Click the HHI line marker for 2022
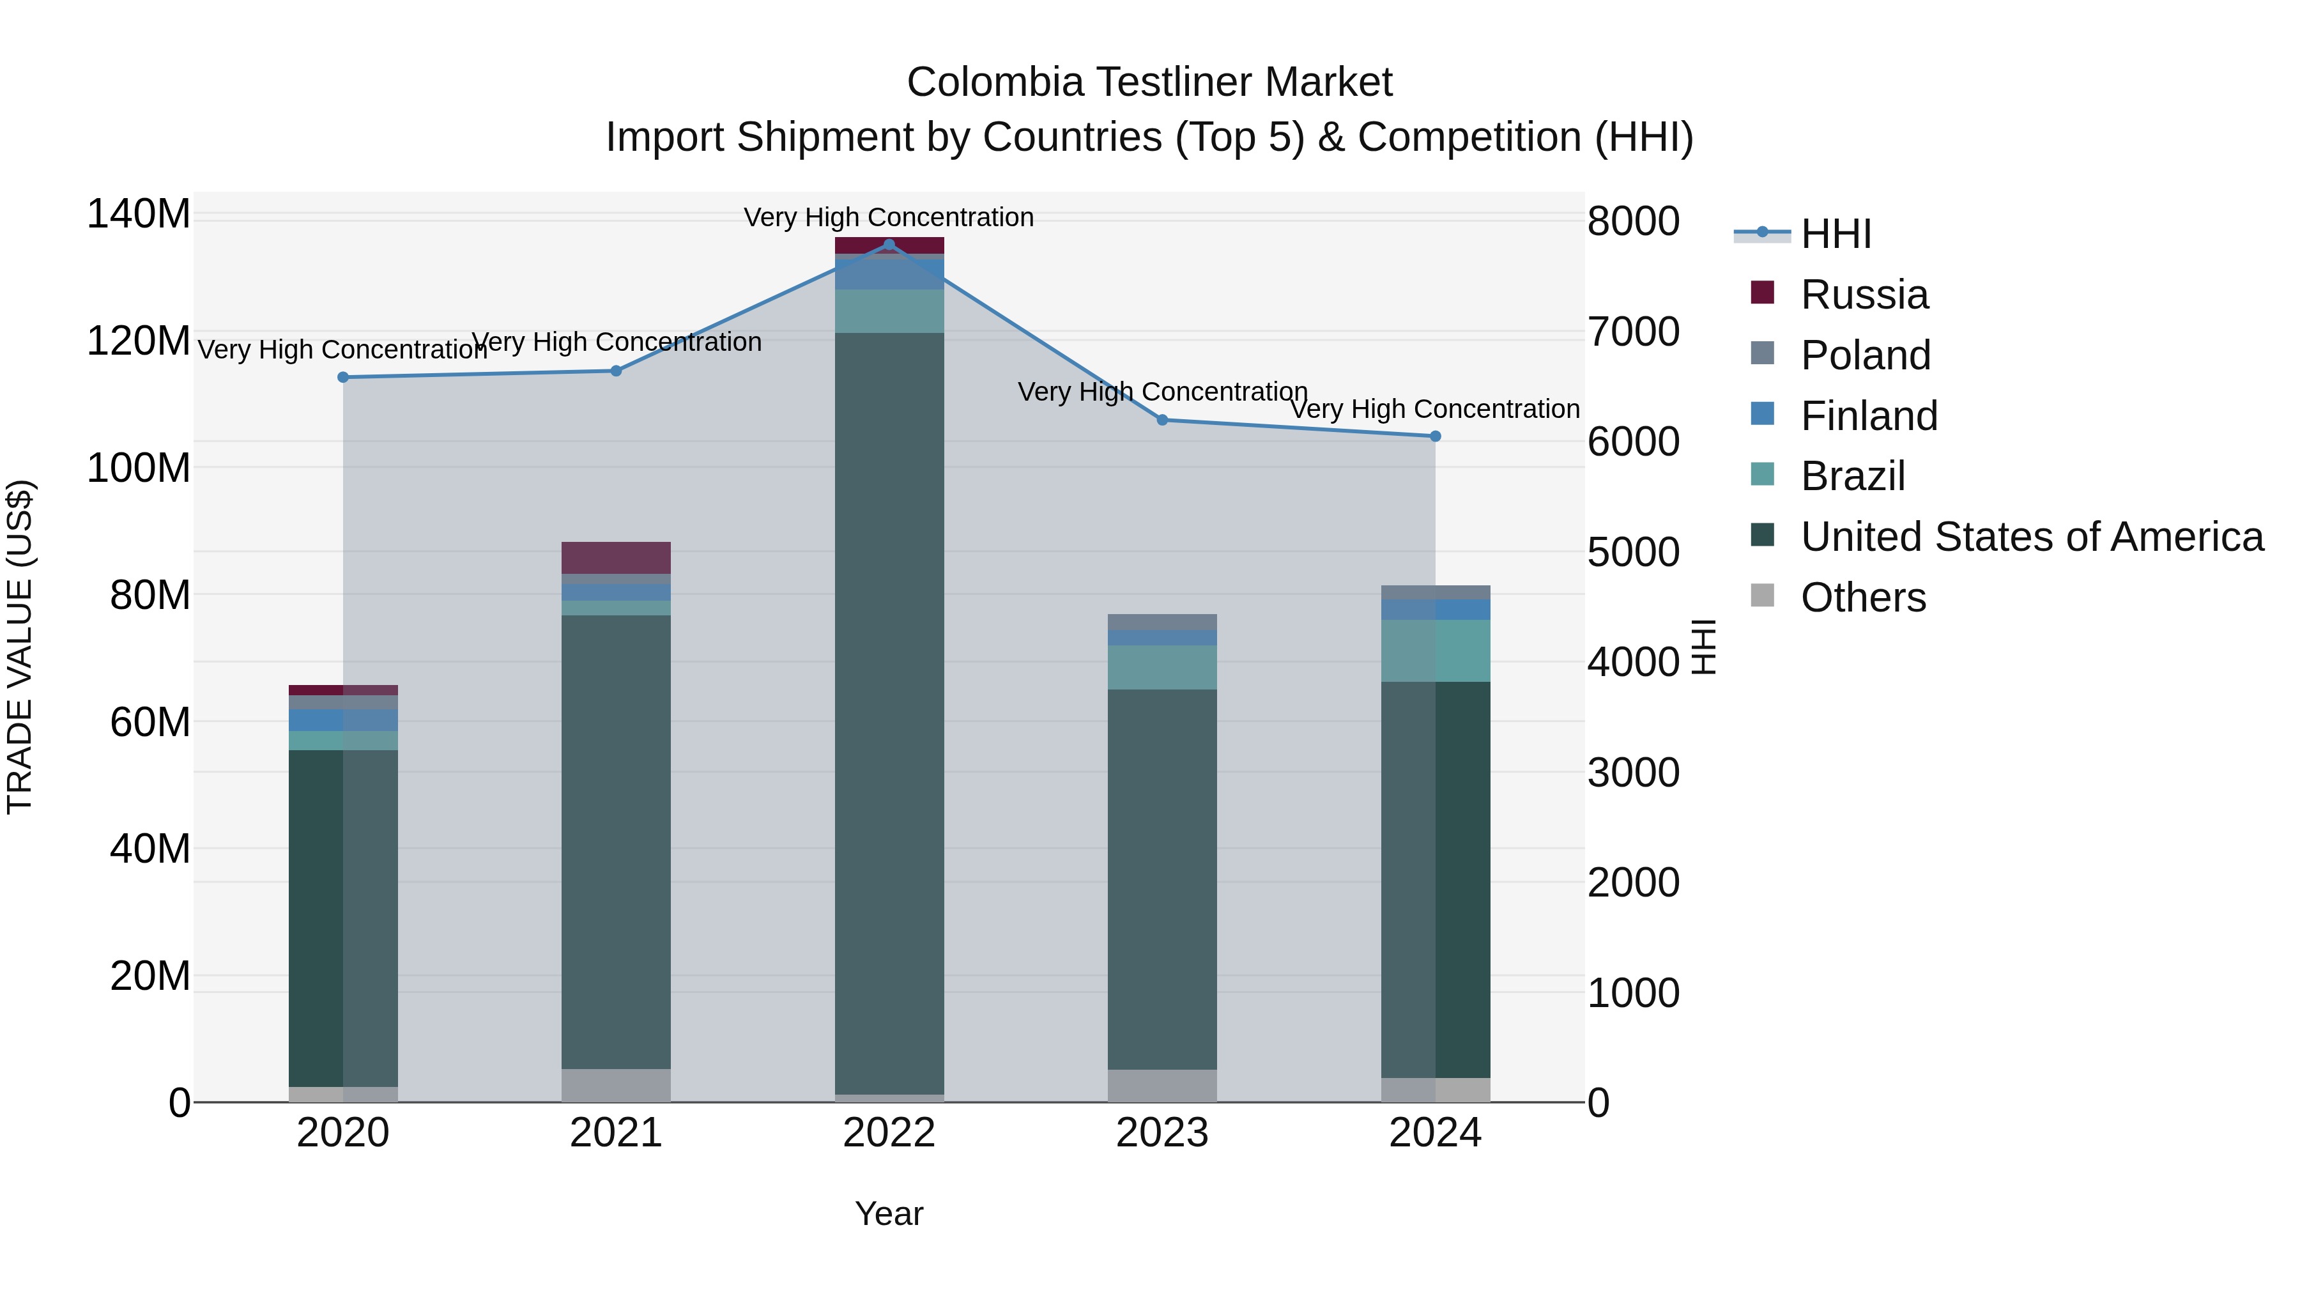click(x=889, y=245)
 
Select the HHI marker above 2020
click(x=343, y=377)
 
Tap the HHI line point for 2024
click(x=1435, y=436)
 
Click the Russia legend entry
click(x=1864, y=295)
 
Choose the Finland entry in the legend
click(x=1869, y=416)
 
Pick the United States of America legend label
click(x=2031, y=537)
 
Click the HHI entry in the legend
click(x=1836, y=234)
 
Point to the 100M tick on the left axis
click(x=139, y=468)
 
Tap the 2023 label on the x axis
click(x=1161, y=1133)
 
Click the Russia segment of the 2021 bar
click(x=616, y=557)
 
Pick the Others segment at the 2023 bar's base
click(x=1161, y=1085)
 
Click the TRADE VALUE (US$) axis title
click(x=20, y=647)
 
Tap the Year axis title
click(x=889, y=1213)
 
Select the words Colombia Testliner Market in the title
click(x=1149, y=82)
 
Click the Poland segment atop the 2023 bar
click(x=1161, y=622)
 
